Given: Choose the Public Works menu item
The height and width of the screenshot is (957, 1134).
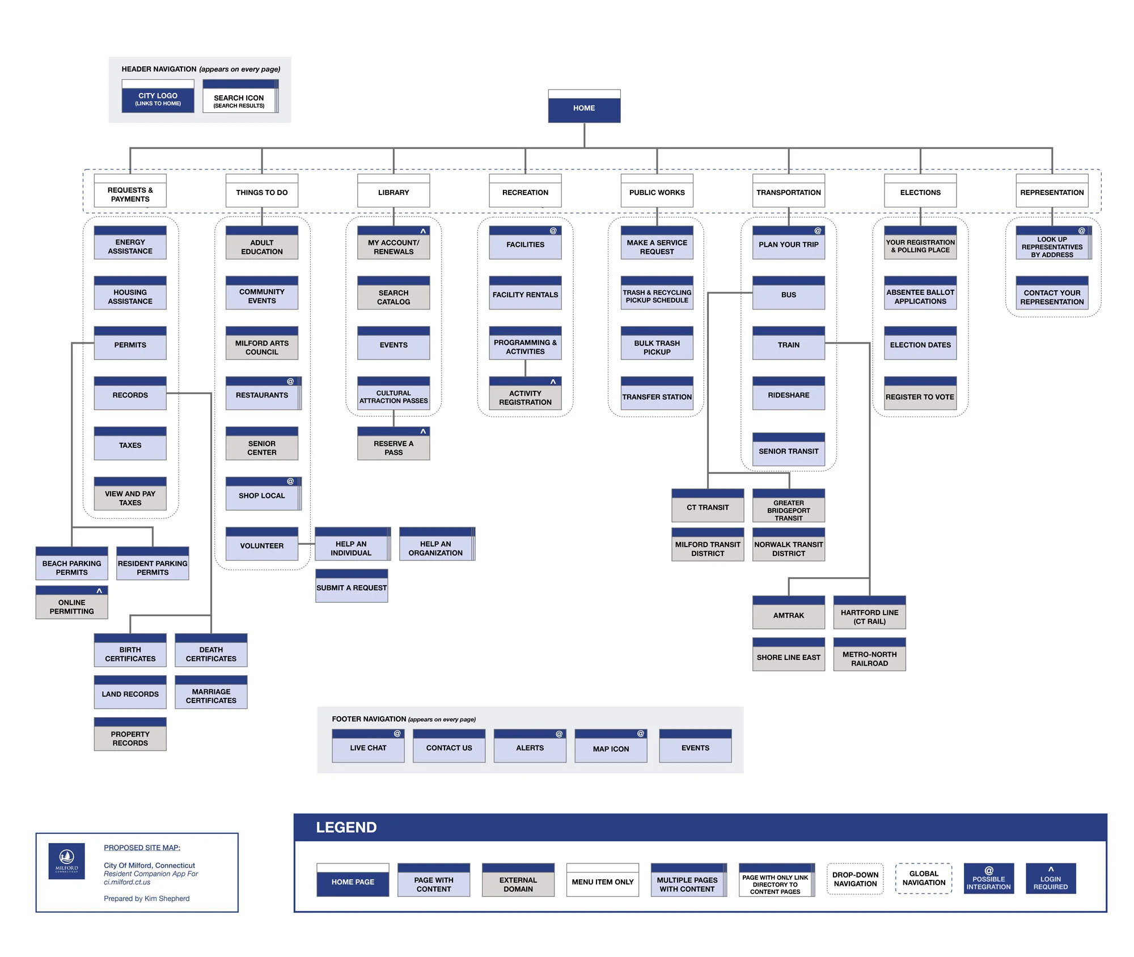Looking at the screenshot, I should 657,192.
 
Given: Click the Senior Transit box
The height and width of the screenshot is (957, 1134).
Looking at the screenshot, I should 788,451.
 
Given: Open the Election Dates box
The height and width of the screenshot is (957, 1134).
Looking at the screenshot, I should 920,344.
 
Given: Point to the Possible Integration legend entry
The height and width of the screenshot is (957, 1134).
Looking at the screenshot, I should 988,879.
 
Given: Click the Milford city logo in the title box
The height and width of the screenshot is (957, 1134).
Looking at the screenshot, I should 66,861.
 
